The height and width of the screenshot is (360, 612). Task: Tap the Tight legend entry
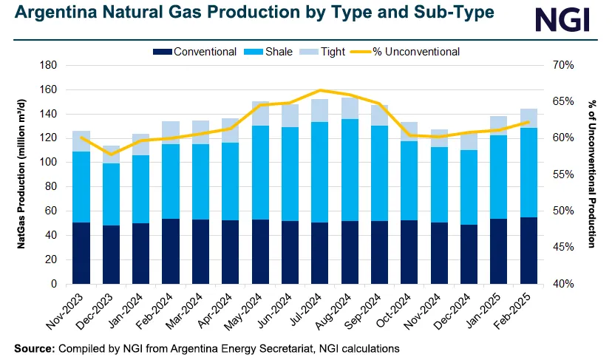[x=330, y=52]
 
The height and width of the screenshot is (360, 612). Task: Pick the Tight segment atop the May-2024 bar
[x=261, y=113]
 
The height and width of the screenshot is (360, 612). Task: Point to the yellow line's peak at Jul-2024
[x=320, y=90]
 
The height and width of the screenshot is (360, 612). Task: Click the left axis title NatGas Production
[x=22, y=174]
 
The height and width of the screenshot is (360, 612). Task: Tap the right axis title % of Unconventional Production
[x=592, y=174]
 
